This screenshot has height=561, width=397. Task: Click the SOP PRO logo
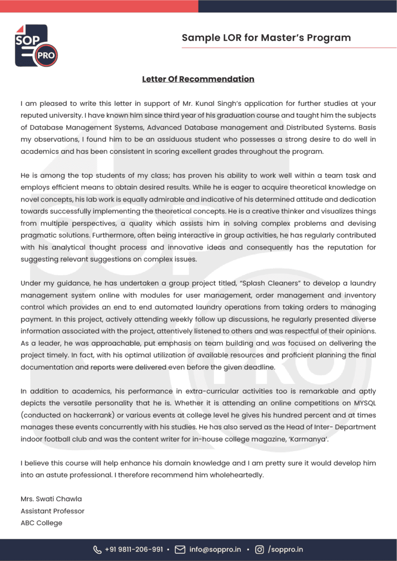36,45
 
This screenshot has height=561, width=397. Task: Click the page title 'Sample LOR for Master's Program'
266,38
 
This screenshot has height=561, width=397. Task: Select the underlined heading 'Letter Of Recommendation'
198,79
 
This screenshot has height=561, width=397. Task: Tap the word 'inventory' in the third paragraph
360,295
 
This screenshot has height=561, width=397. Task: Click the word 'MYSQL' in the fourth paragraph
364,403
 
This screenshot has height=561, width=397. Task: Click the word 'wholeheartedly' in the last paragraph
236,475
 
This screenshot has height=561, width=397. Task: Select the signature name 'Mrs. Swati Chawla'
51,499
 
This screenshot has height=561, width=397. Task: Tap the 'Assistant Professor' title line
52,511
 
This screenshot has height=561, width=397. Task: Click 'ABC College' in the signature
41,523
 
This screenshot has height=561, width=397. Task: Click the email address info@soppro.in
215,550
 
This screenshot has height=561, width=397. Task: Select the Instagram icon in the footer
260,550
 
